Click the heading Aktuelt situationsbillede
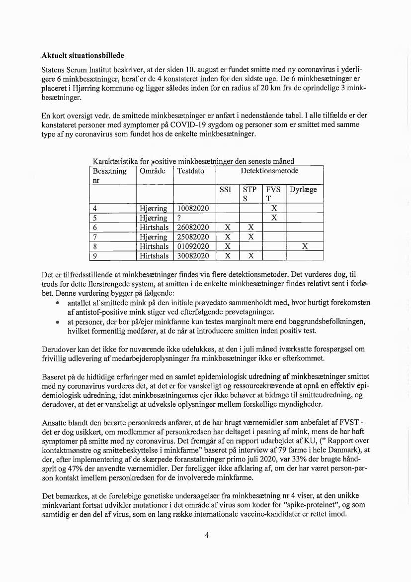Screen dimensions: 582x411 point(82,54)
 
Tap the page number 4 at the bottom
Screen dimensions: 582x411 point(206,535)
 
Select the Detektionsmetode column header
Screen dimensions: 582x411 point(269,171)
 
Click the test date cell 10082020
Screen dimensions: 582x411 point(193,209)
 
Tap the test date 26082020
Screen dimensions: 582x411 point(193,228)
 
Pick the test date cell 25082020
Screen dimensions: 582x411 point(193,237)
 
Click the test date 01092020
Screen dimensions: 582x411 point(193,246)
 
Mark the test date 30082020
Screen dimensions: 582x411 point(193,256)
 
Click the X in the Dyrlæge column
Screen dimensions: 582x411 point(305,246)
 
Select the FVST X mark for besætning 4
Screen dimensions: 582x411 point(274,209)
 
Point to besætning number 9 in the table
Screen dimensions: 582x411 point(94,256)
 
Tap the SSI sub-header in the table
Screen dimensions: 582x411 point(227,190)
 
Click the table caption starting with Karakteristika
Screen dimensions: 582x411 point(193,161)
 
